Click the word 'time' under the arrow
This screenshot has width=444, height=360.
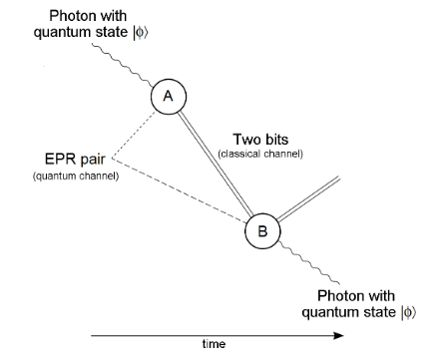pos(214,346)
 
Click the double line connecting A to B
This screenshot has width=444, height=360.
pos(216,164)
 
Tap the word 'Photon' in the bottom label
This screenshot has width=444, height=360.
pos(343,296)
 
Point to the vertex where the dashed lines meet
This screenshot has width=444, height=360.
pos(111,158)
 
